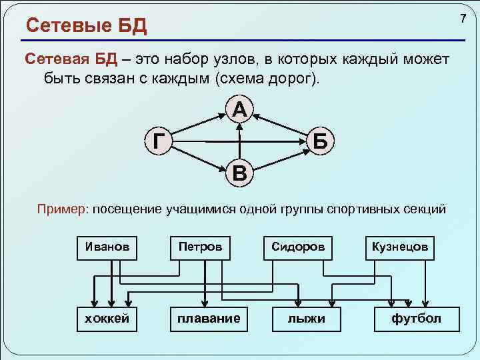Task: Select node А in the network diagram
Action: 240,109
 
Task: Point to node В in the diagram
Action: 239,174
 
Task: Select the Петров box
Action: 200,246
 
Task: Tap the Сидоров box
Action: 298,246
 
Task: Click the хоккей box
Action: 107,318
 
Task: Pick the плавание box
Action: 209,318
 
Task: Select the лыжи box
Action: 307,318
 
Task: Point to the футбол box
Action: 417,318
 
